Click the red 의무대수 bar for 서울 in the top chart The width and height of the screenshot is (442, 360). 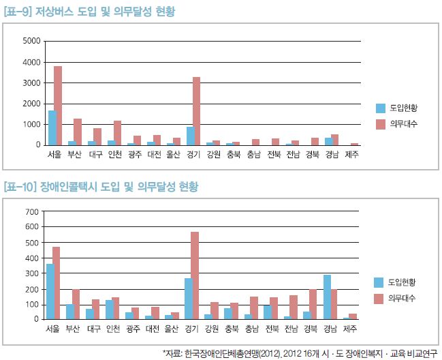58,106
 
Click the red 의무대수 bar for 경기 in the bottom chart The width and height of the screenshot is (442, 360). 195,275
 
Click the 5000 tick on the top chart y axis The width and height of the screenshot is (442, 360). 32,41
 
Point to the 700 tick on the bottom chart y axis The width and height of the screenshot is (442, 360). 33,213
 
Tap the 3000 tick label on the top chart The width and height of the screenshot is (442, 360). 32,82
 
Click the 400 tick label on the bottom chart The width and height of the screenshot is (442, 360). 33,258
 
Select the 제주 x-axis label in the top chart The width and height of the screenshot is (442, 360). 352,155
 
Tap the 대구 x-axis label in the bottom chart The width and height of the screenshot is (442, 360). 95,329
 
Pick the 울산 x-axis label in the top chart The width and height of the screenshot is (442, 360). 173,155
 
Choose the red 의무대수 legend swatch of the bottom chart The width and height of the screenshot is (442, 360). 380,298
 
